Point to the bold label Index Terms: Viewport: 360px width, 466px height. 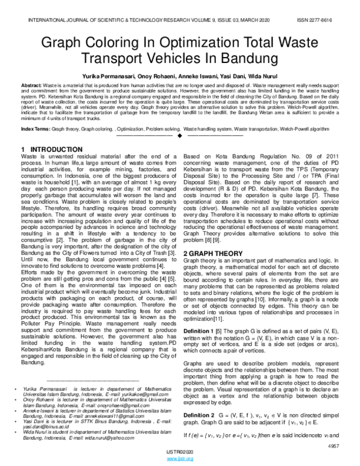tap(35, 129)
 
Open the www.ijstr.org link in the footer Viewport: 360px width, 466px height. tap(180, 459)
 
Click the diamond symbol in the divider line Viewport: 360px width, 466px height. tap(180, 136)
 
